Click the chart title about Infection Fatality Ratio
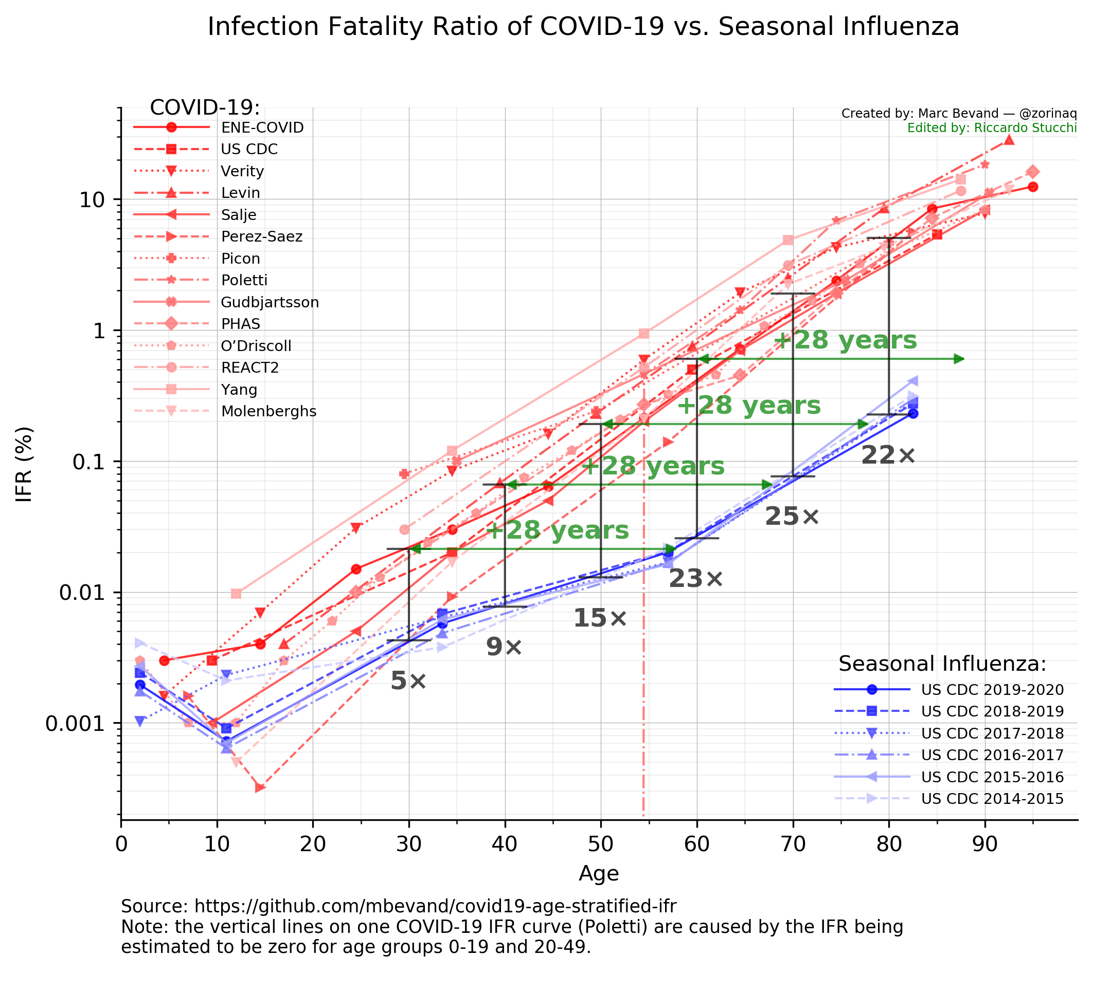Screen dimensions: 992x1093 (x=583, y=27)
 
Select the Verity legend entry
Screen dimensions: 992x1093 (x=242, y=171)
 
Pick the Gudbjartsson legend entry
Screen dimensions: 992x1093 (x=270, y=302)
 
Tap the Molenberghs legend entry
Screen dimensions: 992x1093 (x=268, y=411)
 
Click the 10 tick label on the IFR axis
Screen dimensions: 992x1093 (x=96, y=200)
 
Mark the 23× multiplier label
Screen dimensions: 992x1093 (x=695, y=579)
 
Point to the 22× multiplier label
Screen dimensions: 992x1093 (x=888, y=455)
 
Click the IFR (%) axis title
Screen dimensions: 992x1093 (x=25, y=465)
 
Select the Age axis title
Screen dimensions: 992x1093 (x=599, y=873)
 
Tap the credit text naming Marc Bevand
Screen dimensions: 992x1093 (x=959, y=114)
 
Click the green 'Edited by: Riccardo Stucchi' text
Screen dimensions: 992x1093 (x=992, y=128)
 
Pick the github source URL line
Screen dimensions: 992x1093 (x=399, y=906)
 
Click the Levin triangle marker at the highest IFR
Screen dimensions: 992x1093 (x=1009, y=140)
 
